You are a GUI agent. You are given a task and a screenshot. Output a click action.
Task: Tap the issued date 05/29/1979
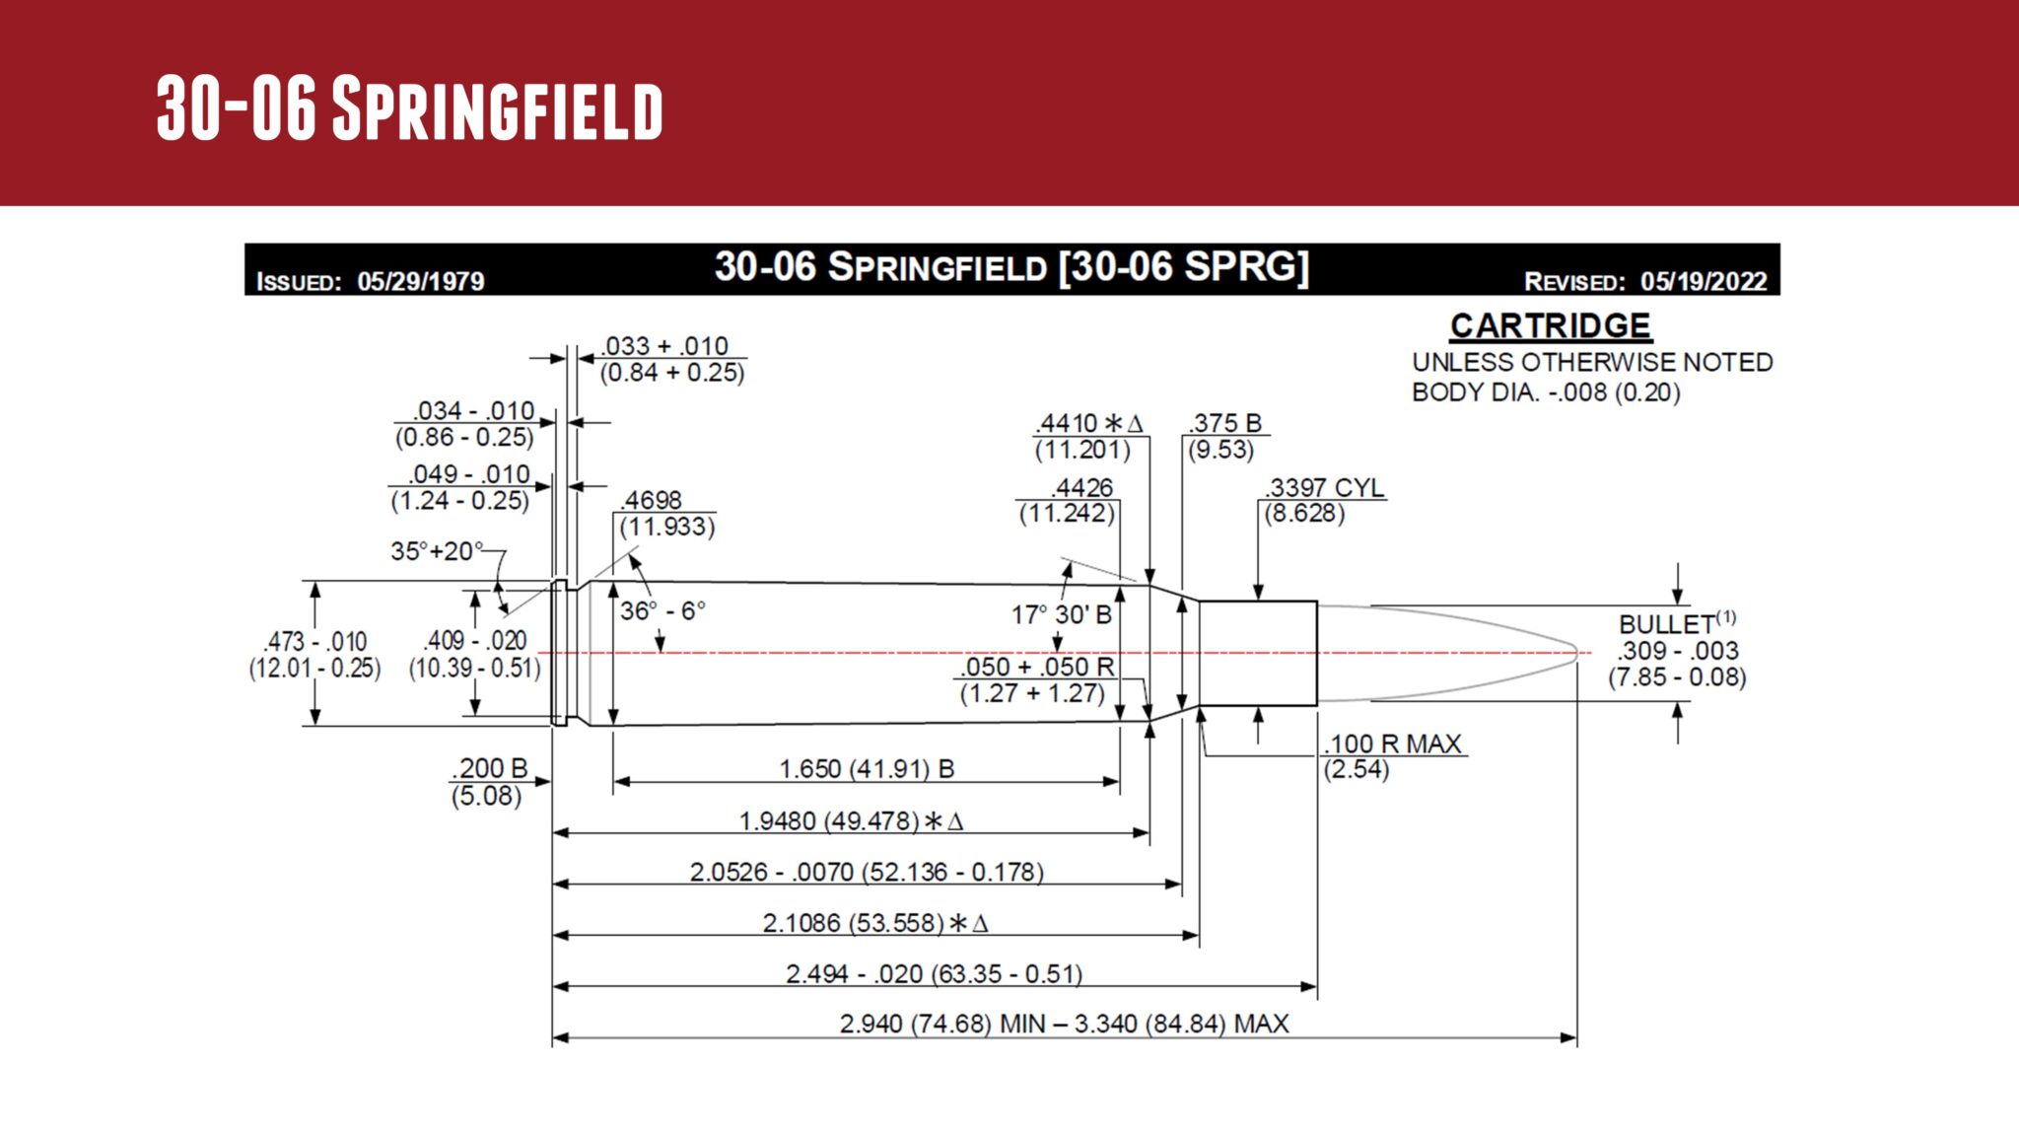pyautogui.click(x=421, y=282)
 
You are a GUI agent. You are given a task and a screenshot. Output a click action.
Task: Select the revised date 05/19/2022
pyautogui.click(x=1704, y=282)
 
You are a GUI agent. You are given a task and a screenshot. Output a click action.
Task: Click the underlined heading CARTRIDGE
pyautogui.click(x=1550, y=326)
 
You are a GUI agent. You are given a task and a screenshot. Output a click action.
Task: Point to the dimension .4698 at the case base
pyautogui.click(x=651, y=500)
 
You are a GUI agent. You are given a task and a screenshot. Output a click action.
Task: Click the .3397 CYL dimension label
pyautogui.click(x=1325, y=487)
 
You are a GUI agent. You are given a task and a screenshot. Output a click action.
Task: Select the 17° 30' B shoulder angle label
pyautogui.click(x=1061, y=615)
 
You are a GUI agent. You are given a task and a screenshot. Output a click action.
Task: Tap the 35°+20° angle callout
pyautogui.click(x=437, y=551)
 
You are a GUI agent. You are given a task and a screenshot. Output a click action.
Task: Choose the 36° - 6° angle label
pyautogui.click(x=662, y=611)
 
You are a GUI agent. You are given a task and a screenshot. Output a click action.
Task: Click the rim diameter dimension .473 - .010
pyautogui.click(x=315, y=642)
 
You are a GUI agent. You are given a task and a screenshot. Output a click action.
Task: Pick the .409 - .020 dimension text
pyautogui.click(x=475, y=641)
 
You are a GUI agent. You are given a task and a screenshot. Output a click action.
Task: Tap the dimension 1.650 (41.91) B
pyautogui.click(x=867, y=769)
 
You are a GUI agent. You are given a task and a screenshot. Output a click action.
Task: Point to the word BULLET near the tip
pyautogui.click(x=1667, y=625)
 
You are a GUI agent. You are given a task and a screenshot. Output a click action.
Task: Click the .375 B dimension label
pyautogui.click(x=1225, y=423)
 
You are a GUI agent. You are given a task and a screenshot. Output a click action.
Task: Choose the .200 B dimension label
pyautogui.click(x=491, y=768)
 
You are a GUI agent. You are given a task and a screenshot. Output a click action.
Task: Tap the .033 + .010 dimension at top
pyautogui.click(x=665, y=346)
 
